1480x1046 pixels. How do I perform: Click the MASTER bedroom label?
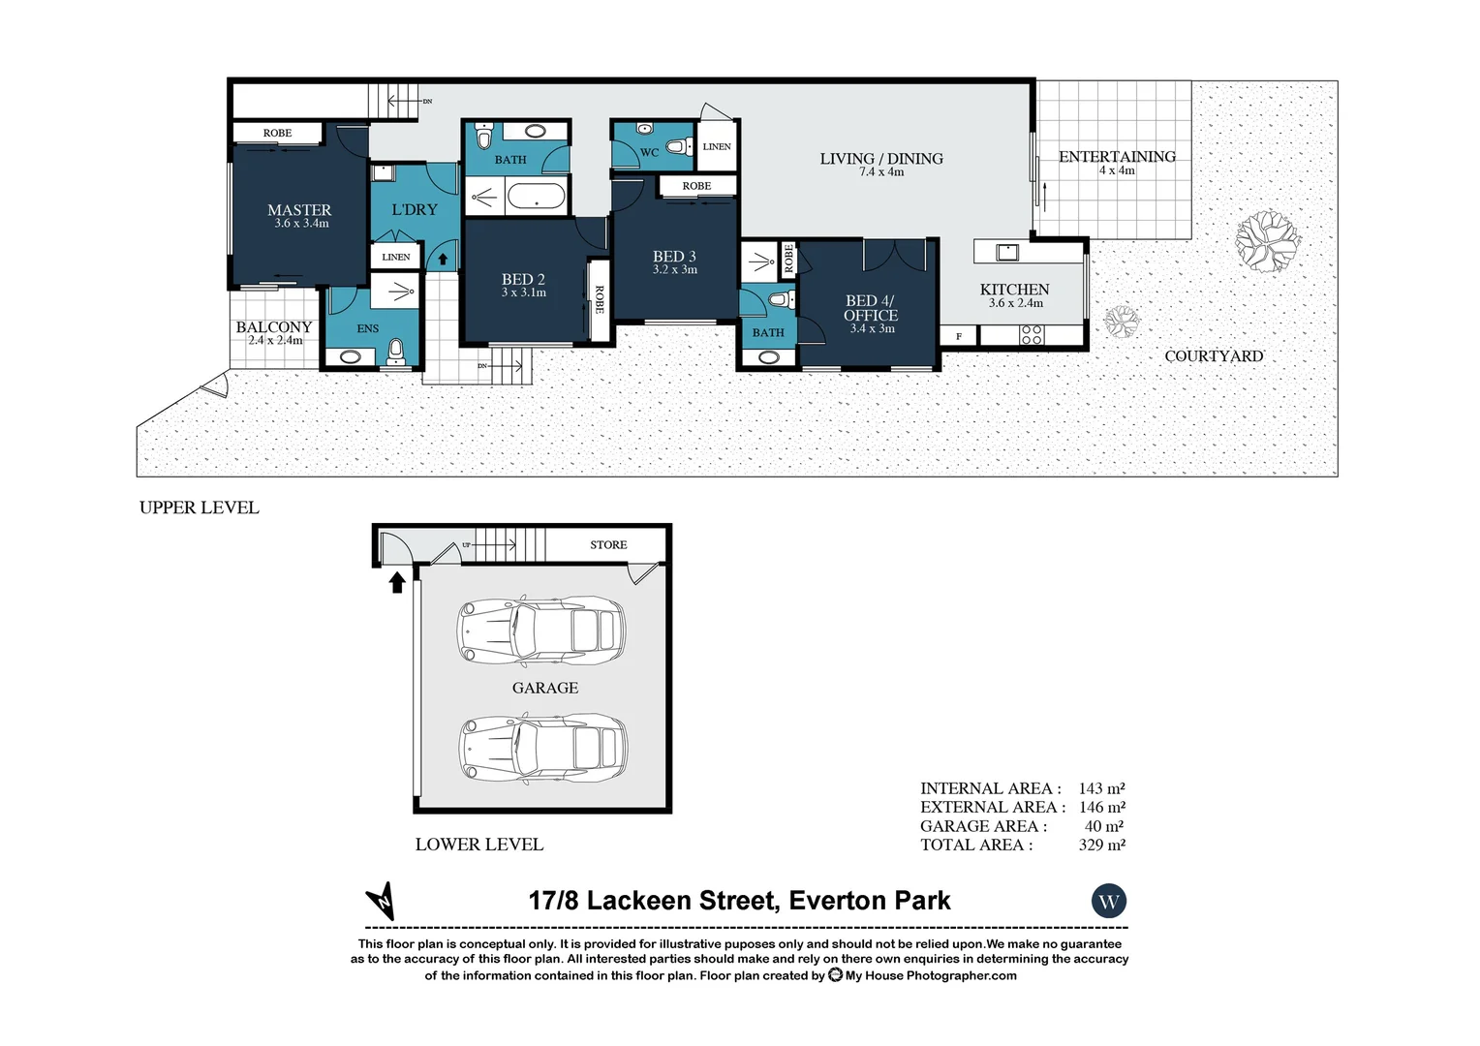click(299, 210)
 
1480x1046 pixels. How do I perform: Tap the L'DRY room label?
click(415, 209)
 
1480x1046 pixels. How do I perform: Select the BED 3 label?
click(674, 257)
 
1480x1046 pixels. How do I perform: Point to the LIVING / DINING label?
click(881, 159)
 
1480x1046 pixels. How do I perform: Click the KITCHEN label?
click(1014, 290)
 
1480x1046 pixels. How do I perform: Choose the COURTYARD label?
click(1214, 356)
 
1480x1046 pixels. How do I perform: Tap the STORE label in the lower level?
click(608, 545)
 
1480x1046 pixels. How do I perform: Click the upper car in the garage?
click(542, 631)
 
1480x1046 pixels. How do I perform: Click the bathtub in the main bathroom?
click(536, 198)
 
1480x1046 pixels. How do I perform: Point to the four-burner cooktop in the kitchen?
click(1032, 335)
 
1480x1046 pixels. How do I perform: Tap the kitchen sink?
click(1007, 252)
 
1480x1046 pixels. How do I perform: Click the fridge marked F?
click(959, 336)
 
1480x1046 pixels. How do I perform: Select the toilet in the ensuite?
click(395, 350)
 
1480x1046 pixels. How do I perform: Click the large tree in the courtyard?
click(1267, 239)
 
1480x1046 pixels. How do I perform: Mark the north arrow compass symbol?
click(381, 901)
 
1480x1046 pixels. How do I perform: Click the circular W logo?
click(1108, 902)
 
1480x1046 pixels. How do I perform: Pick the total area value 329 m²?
click(1101, 845)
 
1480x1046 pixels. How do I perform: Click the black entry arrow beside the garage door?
click(396, 581)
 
